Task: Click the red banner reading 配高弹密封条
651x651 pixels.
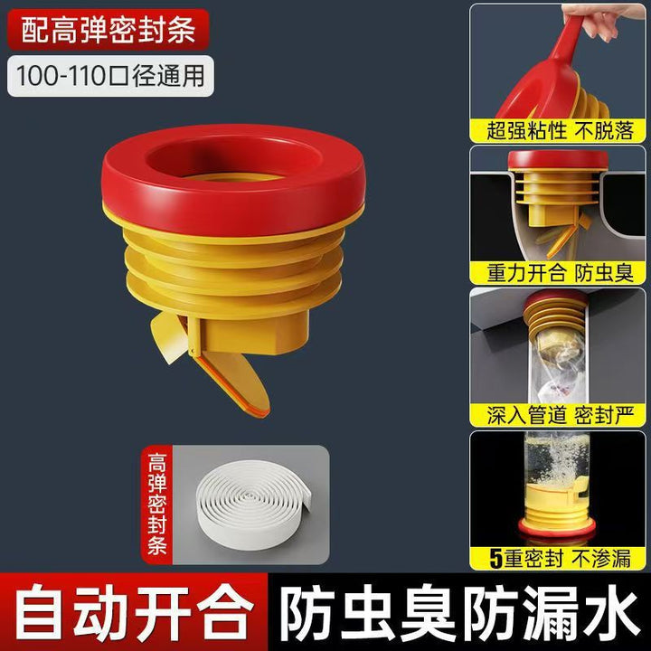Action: pyautogui.click(x=108, y=30)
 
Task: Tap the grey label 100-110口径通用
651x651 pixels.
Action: pyautogui.click(x=110, y=76)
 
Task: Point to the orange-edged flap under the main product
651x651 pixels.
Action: pyautogui.click(x=232, y=380)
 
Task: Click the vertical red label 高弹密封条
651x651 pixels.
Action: pyautogui.click(x=157, y=505)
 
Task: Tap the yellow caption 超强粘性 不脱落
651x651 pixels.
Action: pyautogui.click(x=559, y=130)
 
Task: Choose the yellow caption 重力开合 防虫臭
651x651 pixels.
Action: pyautogui.click(x=559, y=273)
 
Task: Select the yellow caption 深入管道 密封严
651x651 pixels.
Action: pyautogui.click(x=559, y=415)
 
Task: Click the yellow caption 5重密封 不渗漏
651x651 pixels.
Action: pyautogui.click(x=559, y=558)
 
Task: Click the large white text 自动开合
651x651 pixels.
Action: pyautogui.click(x=134, y=613)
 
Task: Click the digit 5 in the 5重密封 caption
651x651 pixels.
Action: pyautogui.click(x=496, y=559)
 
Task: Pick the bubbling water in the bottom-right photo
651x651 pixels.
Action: pyautogui.click(x=556, y=460)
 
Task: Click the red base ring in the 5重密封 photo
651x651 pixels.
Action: pyautogui.click(x=556, y=529)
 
